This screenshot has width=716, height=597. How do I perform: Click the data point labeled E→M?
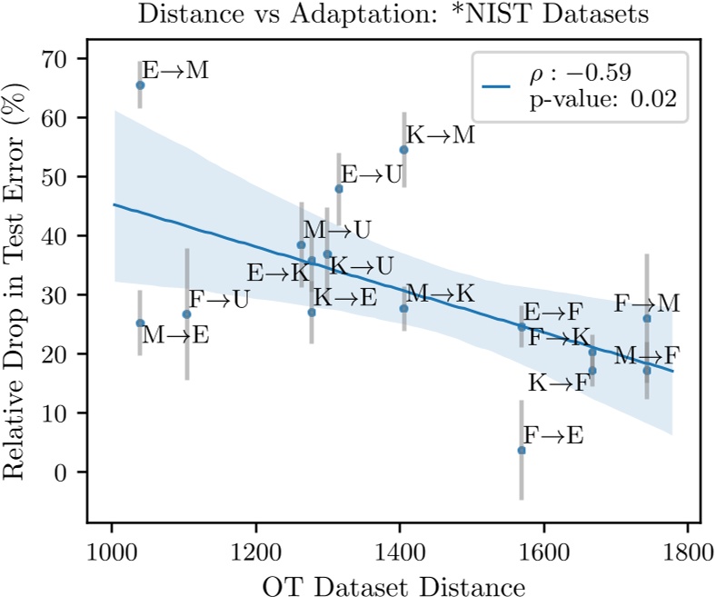pyautogui.click(x=140, y=85)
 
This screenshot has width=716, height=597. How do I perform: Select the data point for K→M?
pyautogui.click(x=403, y=149)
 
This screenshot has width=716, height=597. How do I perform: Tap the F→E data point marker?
pyautogui.click(x=521, y=450)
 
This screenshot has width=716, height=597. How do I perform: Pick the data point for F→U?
pyautogui.click(x=186, y=313)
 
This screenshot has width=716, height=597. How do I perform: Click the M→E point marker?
pyautogui.click(x=140, y=323)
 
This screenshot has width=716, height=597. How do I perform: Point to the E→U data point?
pyautogui.click(x=339, y=188)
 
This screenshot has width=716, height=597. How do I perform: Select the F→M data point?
pyautogui.click(x=646, y=318)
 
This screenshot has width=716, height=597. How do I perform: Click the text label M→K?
pyautogui.click(x=440, y=294)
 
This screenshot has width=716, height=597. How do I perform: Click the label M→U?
pyautogui.click(x=336, y=230)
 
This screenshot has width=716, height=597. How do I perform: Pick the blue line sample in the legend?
pyautogui.click(x=498, y=87)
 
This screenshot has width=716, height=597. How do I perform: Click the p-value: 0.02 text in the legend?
pyautogui.click(x=602, y=100)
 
